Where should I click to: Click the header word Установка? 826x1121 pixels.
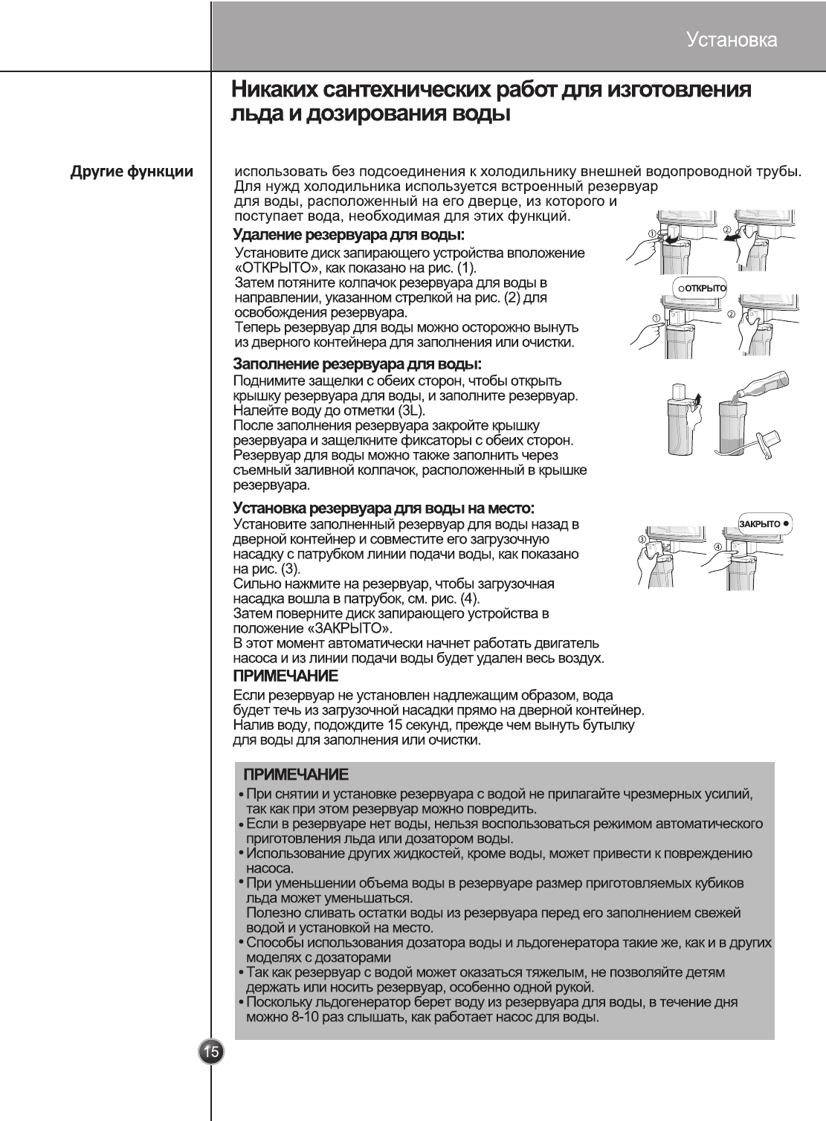pos(732,39)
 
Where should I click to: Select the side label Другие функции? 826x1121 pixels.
pos(132,172)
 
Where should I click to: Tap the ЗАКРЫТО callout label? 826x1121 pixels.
pos(764,523)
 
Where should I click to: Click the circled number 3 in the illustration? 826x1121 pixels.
pos(642,539)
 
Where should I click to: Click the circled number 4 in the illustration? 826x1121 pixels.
pos(717,547)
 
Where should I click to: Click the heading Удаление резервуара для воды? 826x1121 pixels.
pos(349,236)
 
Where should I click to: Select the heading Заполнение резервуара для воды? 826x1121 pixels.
pos(358,364)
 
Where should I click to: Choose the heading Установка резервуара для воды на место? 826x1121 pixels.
pos(384,508)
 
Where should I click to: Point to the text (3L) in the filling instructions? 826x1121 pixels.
pos(412,410)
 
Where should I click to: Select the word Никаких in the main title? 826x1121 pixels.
pos(271,91)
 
